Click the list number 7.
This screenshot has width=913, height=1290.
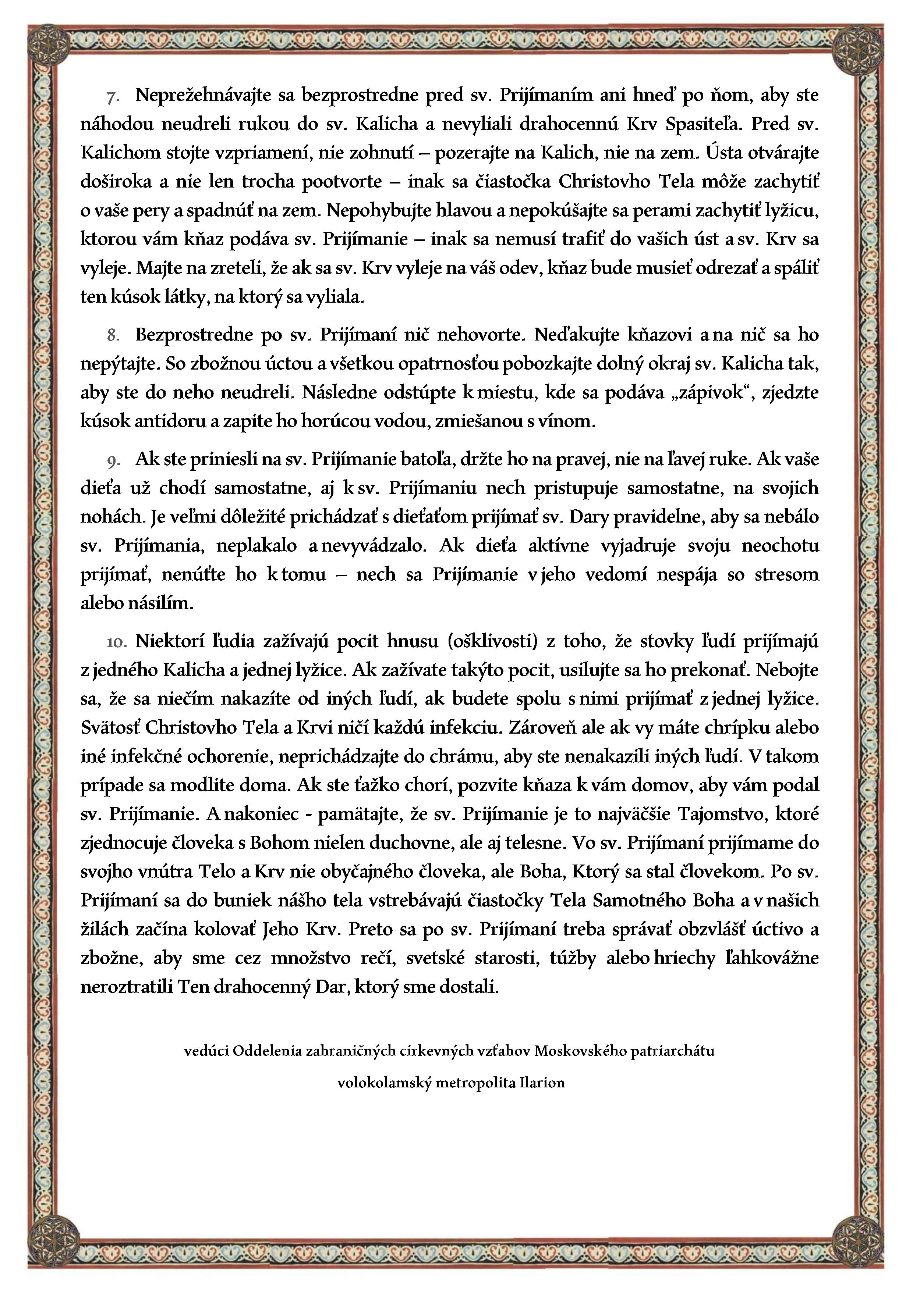click(x=112, y=97)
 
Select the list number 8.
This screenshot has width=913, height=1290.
click(x=113, y=335)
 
